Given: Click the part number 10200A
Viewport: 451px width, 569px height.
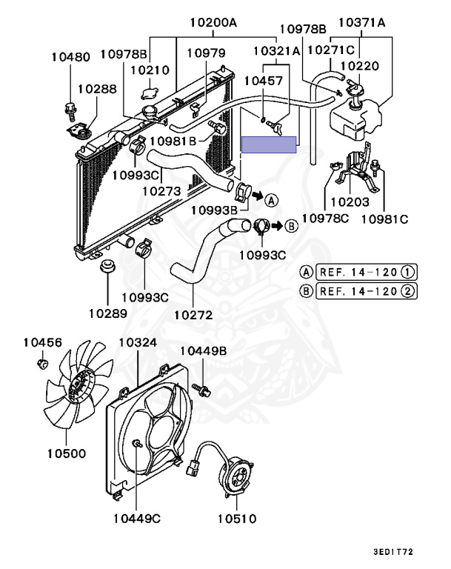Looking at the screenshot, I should point(213,23).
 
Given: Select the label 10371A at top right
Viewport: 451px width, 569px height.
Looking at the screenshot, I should point(362,23).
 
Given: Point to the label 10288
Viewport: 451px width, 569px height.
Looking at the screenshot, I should point(96,88).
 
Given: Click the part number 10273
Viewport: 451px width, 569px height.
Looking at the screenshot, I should point(161,190).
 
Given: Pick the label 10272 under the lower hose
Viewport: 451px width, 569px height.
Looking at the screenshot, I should point(193,315).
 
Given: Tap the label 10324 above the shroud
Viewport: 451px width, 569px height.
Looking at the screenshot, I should point(138,343).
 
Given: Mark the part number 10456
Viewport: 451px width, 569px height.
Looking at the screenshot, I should point(42,342).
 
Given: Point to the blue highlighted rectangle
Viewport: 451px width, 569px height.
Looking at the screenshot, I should point(269,144).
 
